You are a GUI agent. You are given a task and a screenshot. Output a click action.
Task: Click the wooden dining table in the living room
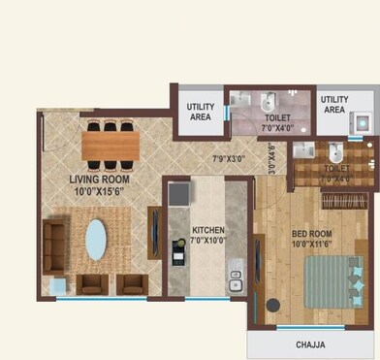click(x=110, y=145)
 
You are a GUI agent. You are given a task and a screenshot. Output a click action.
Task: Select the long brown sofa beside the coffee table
click(x=56, y=242)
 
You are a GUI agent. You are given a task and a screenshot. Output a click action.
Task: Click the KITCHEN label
click(x=207, y=230)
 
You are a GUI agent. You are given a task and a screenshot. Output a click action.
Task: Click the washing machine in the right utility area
click(x=362, y=125)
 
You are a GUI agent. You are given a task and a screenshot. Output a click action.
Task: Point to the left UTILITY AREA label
click(x=201, y=111)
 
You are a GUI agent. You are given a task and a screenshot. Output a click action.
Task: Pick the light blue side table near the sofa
click(x=58, y=283)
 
